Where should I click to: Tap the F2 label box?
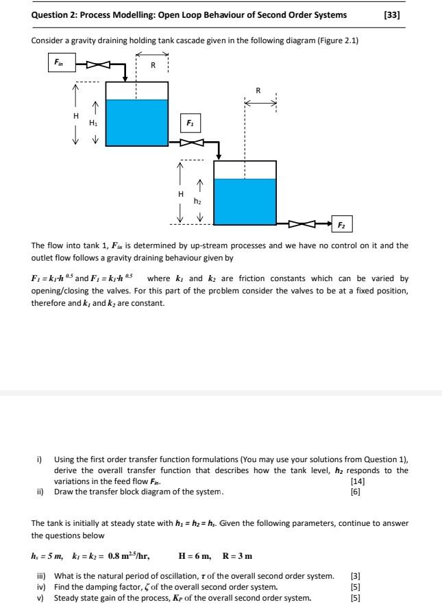click(x=341, y=224)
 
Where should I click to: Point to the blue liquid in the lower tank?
click(x=245, y=201)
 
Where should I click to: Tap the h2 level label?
click(x=198, y=202)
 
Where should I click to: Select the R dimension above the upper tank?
click(x=153, y=66)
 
